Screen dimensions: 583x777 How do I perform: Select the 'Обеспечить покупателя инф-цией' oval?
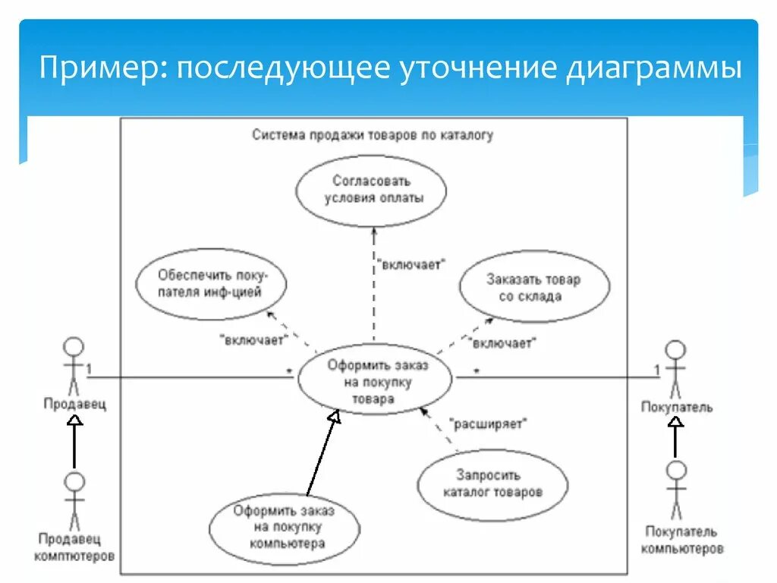pos(212,282)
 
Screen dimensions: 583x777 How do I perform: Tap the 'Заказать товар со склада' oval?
pos(534,288)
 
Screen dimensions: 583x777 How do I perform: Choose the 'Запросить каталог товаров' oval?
pos(492,484)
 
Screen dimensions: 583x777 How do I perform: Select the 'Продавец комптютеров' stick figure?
pos(74,500)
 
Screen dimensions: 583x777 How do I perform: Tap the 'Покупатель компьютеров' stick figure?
pos(676,490)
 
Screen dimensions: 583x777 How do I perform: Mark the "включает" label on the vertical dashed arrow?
pos(411,264)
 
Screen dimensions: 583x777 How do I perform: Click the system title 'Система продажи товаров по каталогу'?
pos(372,135)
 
